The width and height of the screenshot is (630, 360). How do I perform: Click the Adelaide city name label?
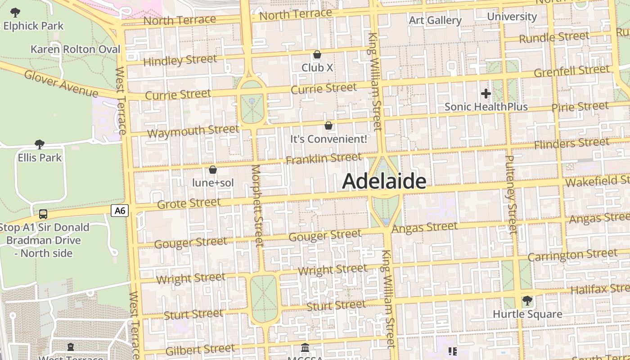tap(384, 181)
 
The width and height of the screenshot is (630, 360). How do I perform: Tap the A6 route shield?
tap(120, 210)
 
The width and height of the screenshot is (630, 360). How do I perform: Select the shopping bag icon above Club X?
tap(317, 55)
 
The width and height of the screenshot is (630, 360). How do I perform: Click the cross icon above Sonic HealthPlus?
tap(486, 94)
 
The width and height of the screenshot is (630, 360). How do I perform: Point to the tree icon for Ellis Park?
tap(40, 144)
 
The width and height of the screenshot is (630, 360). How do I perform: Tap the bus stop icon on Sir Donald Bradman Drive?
tap(43, 214)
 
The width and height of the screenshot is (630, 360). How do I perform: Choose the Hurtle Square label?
tap(527, 314)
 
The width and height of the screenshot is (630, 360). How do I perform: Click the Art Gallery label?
tap(435, 20)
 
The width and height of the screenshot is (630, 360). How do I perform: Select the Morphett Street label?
tap(256, 206)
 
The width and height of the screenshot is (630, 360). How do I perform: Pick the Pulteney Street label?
tap(511, 194)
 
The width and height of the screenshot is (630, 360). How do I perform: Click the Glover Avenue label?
tap(61, 84)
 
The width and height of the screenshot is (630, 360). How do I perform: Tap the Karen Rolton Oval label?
tap(75, 49)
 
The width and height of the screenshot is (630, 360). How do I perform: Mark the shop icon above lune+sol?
tap(213, 170)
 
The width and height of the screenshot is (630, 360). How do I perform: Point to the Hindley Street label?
tap(180, 60)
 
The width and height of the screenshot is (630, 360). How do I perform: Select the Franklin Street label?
tap(324, 158)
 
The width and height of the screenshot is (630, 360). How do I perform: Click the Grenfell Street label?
tap(571, 71)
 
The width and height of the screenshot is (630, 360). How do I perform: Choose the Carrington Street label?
tap(572, 255)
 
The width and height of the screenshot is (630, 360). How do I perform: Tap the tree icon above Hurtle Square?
tap(527, 300)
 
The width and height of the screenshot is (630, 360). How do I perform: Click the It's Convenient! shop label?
tap(328, 139)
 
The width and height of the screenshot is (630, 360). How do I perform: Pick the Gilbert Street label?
tap(200, 349)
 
